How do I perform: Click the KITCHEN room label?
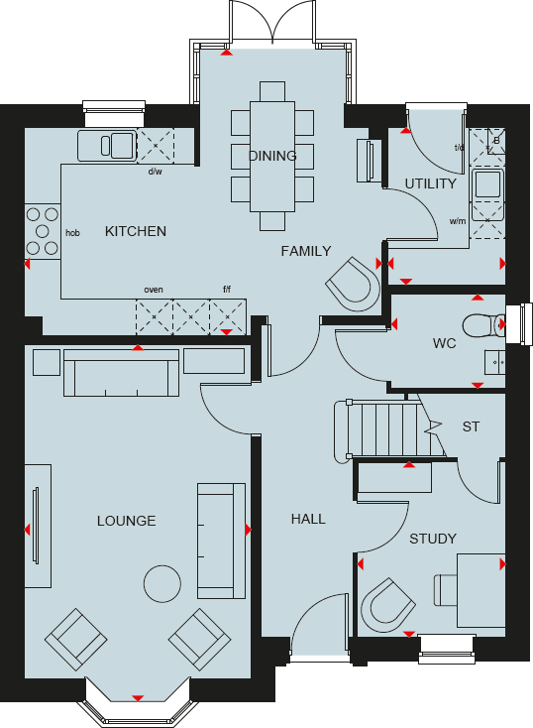coord(136,231)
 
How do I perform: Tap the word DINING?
coord(272,156)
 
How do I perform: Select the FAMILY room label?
coord(305,251)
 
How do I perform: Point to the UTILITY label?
coord(431,183)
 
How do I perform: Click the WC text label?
coord(444,344)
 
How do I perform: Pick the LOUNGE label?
coord(126,521)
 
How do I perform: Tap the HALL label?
coord(308,519)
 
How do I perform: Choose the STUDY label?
coord(433,539)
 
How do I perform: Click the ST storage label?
coord(471,427)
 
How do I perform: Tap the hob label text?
coord(72,233)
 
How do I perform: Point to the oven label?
coord(154,290)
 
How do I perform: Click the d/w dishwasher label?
coord(155,172)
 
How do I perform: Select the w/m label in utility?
coord(457,221)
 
